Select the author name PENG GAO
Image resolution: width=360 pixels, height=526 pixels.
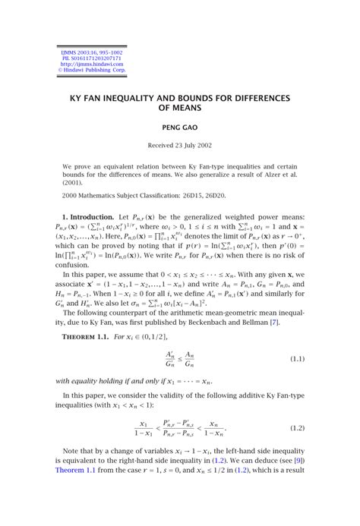pos(180,129)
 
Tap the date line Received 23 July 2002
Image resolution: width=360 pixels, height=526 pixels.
pos(180,144)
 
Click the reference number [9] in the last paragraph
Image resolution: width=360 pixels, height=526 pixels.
pos(300,460)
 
